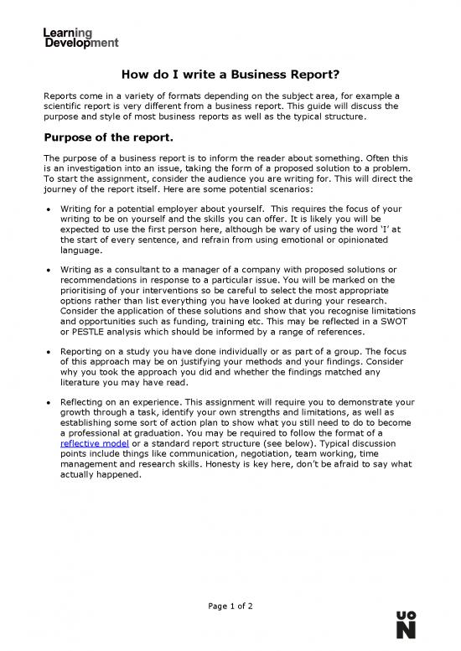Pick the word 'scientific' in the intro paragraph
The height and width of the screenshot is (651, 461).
68,106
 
